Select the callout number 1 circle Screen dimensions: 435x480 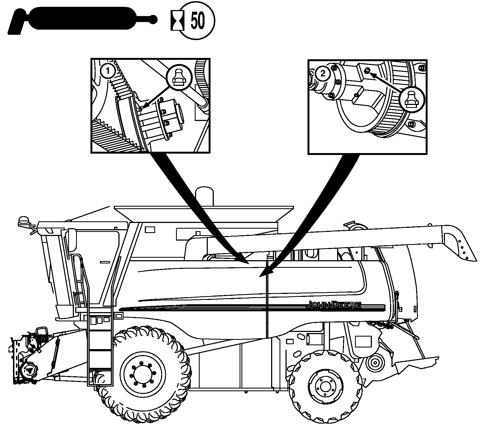point(108,72)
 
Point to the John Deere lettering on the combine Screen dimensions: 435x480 point(334,305)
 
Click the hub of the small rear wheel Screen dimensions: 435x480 point(324,387)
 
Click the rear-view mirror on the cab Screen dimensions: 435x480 point(73,240)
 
